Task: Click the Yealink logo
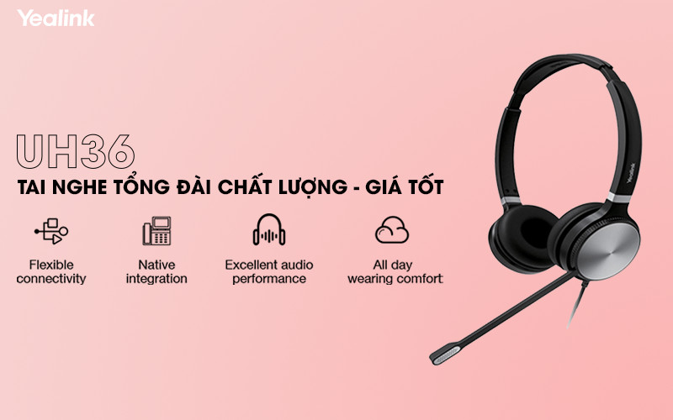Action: pyautogui.click(x=56, y=18)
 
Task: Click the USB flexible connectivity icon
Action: pyautogui.click(x=50, y=230)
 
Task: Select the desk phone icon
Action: pyautogui.click(x=156, y=230)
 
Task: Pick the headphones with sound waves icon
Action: pyautogui.click(x=269, y=229)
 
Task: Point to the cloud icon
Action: pyautogui.click(x=392, y=229)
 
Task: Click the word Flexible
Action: pyautogui.click(x=50, y=265)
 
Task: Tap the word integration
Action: pyautogui.click(x=156, y=279)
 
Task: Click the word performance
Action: pyautogui.click(x=269, y=279)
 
